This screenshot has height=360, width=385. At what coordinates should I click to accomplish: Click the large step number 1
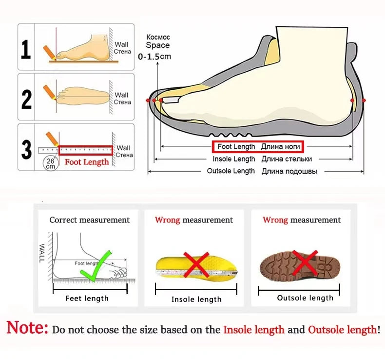[x=26, y=50]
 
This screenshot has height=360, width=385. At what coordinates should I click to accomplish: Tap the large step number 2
[x=26, y=100]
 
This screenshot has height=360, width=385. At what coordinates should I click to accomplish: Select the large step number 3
[x=26, y=150]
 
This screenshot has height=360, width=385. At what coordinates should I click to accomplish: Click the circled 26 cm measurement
[x=51, y=163]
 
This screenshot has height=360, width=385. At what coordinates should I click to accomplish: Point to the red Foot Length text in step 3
[x=87, y=162]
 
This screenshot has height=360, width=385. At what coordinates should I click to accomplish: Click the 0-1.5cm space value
[x=154, y=57]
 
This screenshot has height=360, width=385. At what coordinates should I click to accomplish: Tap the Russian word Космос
[x=158, y=37]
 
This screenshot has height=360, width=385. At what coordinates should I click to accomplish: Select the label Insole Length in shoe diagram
[x=234, y=159]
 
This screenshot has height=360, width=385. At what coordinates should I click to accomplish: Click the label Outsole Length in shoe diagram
[x=231, y=171]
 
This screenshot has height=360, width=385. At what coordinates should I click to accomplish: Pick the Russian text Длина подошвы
[x=289, y=171]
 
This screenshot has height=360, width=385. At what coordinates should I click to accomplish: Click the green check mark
[x=96, y=266]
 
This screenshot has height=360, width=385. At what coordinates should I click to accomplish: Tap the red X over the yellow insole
[x=196, y=265]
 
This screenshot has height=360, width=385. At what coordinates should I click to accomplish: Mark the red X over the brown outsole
[x=305, y=262]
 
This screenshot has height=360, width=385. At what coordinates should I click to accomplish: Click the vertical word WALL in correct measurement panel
[x=42, y=253]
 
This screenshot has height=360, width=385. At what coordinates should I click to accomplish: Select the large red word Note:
[x=27, y=327]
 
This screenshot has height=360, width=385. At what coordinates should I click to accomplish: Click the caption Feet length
[x=87, y=299]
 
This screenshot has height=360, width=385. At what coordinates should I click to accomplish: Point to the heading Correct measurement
[x=89, y=220]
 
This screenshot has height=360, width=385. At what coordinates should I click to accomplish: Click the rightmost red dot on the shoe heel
[x=364, y=100]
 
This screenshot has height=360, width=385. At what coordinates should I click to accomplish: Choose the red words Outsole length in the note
[x=343, y=330]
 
